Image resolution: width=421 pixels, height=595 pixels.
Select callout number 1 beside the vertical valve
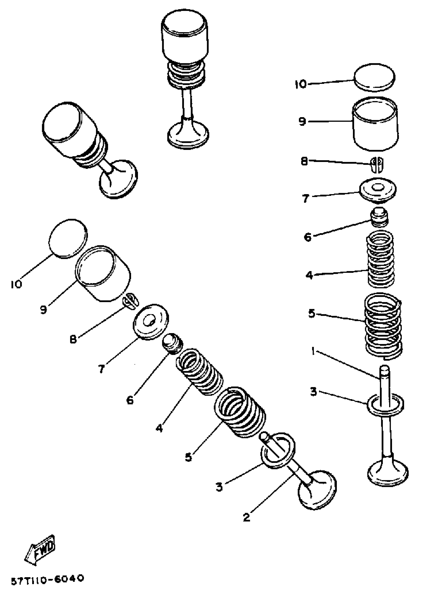coord(314,352)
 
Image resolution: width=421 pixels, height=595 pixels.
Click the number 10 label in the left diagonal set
coord(16,284)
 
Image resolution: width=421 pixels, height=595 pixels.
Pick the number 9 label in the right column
coord(302,121)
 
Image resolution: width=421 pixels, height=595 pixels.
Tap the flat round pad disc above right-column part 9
coord(374,77)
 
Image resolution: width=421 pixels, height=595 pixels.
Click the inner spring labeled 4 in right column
coord(380,259)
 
